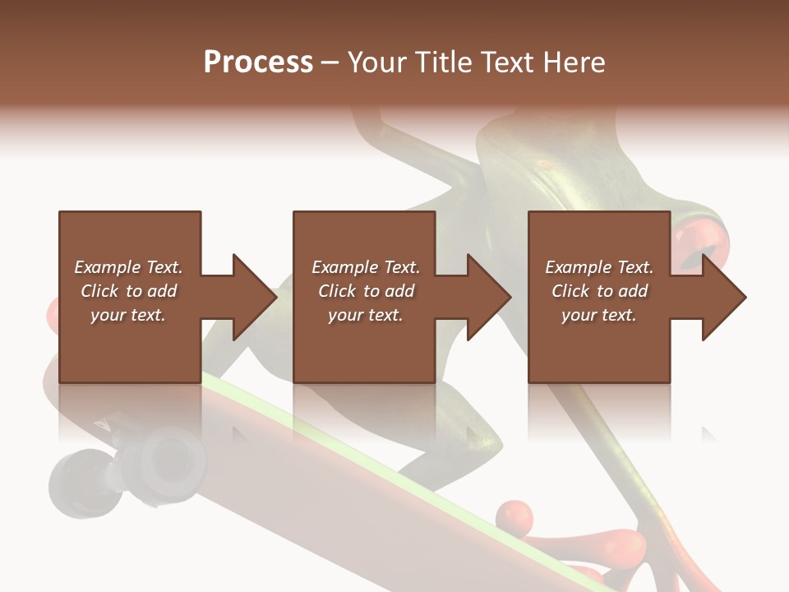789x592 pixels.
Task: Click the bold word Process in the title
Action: (x=258, y=62)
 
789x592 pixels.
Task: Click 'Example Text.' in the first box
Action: (x=128, y=267)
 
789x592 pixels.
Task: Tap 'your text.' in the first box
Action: (x=128, y=315)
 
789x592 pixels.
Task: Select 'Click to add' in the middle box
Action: (x=366, y=291)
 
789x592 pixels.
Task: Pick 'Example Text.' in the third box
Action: (x=599, y=267)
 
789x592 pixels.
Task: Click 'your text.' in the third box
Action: (x=599, y=315)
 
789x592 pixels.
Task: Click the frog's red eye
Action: (x=704, y=247)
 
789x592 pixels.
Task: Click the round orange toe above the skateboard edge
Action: (x=515, y=518)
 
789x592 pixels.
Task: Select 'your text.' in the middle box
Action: (x=366, y=315)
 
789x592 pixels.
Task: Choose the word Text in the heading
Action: (x=506, y=62)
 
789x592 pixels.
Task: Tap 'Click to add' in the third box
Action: (x=599, y=291)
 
